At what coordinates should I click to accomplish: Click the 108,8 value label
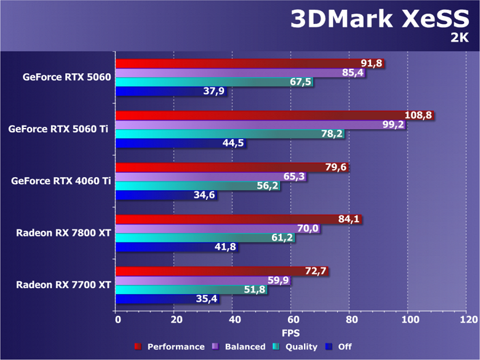point(419,115)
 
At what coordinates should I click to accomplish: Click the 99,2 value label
point(392,125)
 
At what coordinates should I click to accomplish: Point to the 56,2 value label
point(267,186)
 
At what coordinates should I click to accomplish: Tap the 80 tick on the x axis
point(350,320)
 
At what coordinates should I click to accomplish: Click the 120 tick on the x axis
point(467,320)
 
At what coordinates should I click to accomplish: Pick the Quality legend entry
point(297,346)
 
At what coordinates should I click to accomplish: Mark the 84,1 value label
point(349,219)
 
